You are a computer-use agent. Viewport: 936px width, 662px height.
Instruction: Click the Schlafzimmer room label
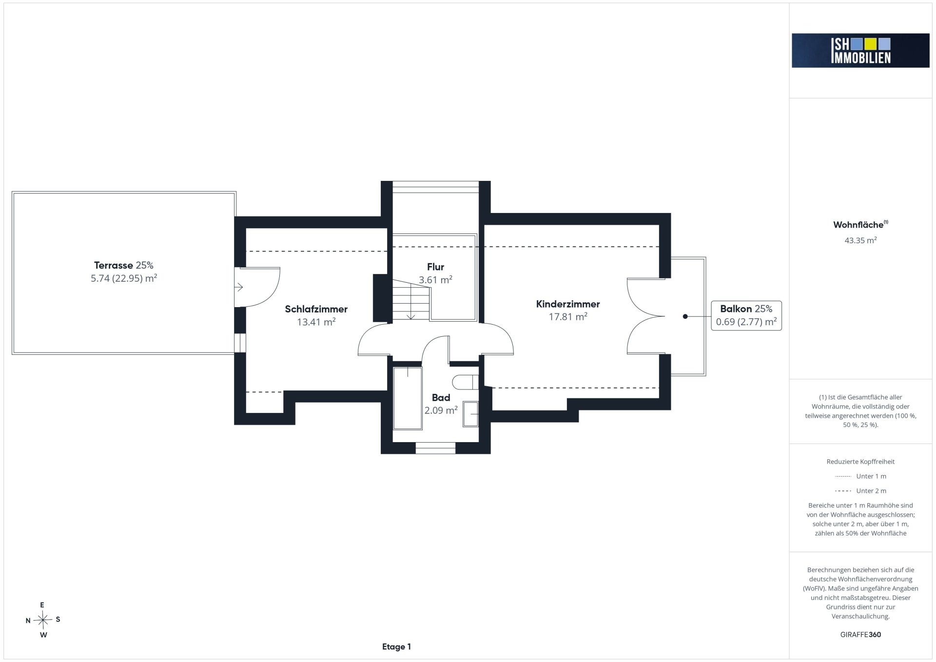tap(316, 309)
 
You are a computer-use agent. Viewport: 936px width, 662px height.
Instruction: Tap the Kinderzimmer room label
tap(568, 304)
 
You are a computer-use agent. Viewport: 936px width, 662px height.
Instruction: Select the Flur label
tap(435, 267)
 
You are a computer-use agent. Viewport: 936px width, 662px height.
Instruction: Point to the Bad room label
tap(441, 398)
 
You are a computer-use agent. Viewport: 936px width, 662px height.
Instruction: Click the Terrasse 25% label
tap(124, 265)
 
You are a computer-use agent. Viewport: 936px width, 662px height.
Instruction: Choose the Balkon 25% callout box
tap(746, 315)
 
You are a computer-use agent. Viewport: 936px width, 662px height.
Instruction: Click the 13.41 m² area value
tap(316, 322)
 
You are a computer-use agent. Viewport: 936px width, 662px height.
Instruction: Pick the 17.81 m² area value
tap(568, 317)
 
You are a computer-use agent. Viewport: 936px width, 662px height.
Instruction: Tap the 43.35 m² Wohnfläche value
tap(860, 240)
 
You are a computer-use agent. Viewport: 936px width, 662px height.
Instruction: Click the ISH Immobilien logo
tap(860, 50)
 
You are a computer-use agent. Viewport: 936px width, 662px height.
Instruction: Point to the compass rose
tap(43, 620)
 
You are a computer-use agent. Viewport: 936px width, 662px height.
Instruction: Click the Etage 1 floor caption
tap(396, 647)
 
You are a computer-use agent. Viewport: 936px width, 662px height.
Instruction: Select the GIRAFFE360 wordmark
tap(860, 635)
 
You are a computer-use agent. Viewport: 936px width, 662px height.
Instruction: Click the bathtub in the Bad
tap(408, 398)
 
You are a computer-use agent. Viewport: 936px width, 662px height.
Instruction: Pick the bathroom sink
tap(471, 414)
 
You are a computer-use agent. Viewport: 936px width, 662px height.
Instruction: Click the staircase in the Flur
tap(411, 299)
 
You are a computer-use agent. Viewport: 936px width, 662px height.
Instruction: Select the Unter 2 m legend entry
tap(860, 491)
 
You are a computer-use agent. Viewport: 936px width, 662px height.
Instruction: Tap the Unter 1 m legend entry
tap(860, 476)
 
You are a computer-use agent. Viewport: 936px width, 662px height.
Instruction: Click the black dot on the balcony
tap(685, 316)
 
